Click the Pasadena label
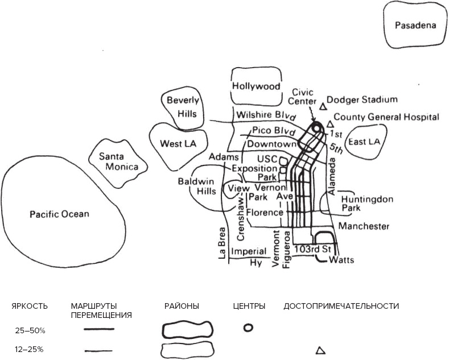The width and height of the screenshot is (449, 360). coord(415,25)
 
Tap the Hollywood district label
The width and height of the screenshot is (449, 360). coord(256,86)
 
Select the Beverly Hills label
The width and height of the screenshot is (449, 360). coord(183,107)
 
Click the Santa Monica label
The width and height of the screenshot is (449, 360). coord(118,162)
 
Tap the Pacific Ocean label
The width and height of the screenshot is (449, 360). coord(60,214)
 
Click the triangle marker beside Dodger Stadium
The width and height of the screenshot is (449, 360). coord(323,106)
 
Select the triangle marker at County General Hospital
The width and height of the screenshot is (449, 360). coord(330,123)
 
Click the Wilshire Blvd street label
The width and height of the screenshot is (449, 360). coord(266,114)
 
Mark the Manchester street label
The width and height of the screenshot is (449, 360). coord(364,226)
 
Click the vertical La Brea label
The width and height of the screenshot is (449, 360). coord(223,244)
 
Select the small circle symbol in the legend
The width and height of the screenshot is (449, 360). coord(248,328)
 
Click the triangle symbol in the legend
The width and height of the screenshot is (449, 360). coord(320,350)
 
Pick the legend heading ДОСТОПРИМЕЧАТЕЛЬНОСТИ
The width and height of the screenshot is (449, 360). coord(341,306)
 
